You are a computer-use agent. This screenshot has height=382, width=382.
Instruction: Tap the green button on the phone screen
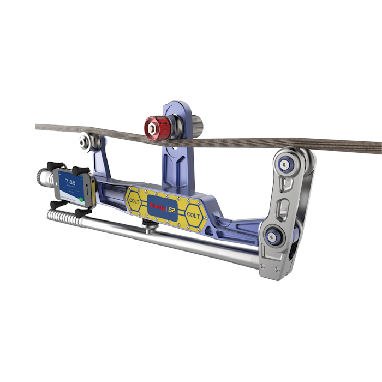point(80,199)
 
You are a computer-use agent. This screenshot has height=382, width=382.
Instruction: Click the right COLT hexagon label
point(193,214)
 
